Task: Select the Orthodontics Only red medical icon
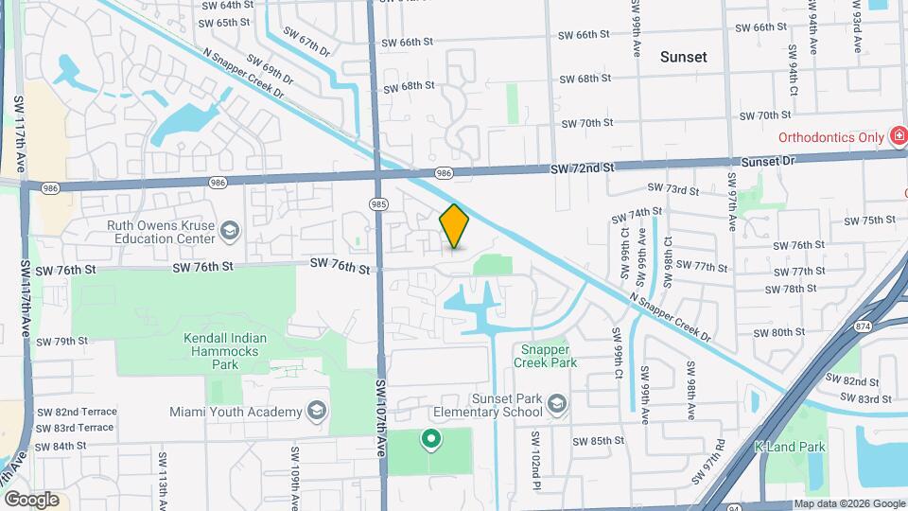pos(898,137)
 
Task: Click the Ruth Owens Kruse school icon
pos(229,231)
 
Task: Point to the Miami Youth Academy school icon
pos(316,411)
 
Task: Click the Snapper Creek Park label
pos(545,355)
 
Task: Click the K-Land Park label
pos(790,447)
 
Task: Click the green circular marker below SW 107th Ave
pos(432,438)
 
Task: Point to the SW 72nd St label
pos(582,167)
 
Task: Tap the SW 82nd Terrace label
pos(77,412)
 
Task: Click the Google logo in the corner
pos(31,499)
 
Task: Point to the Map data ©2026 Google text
pos(848,503)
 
